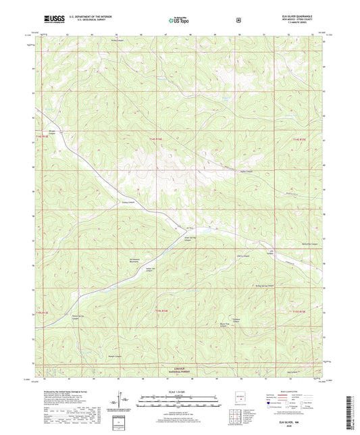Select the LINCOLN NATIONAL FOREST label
pos(180,369)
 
